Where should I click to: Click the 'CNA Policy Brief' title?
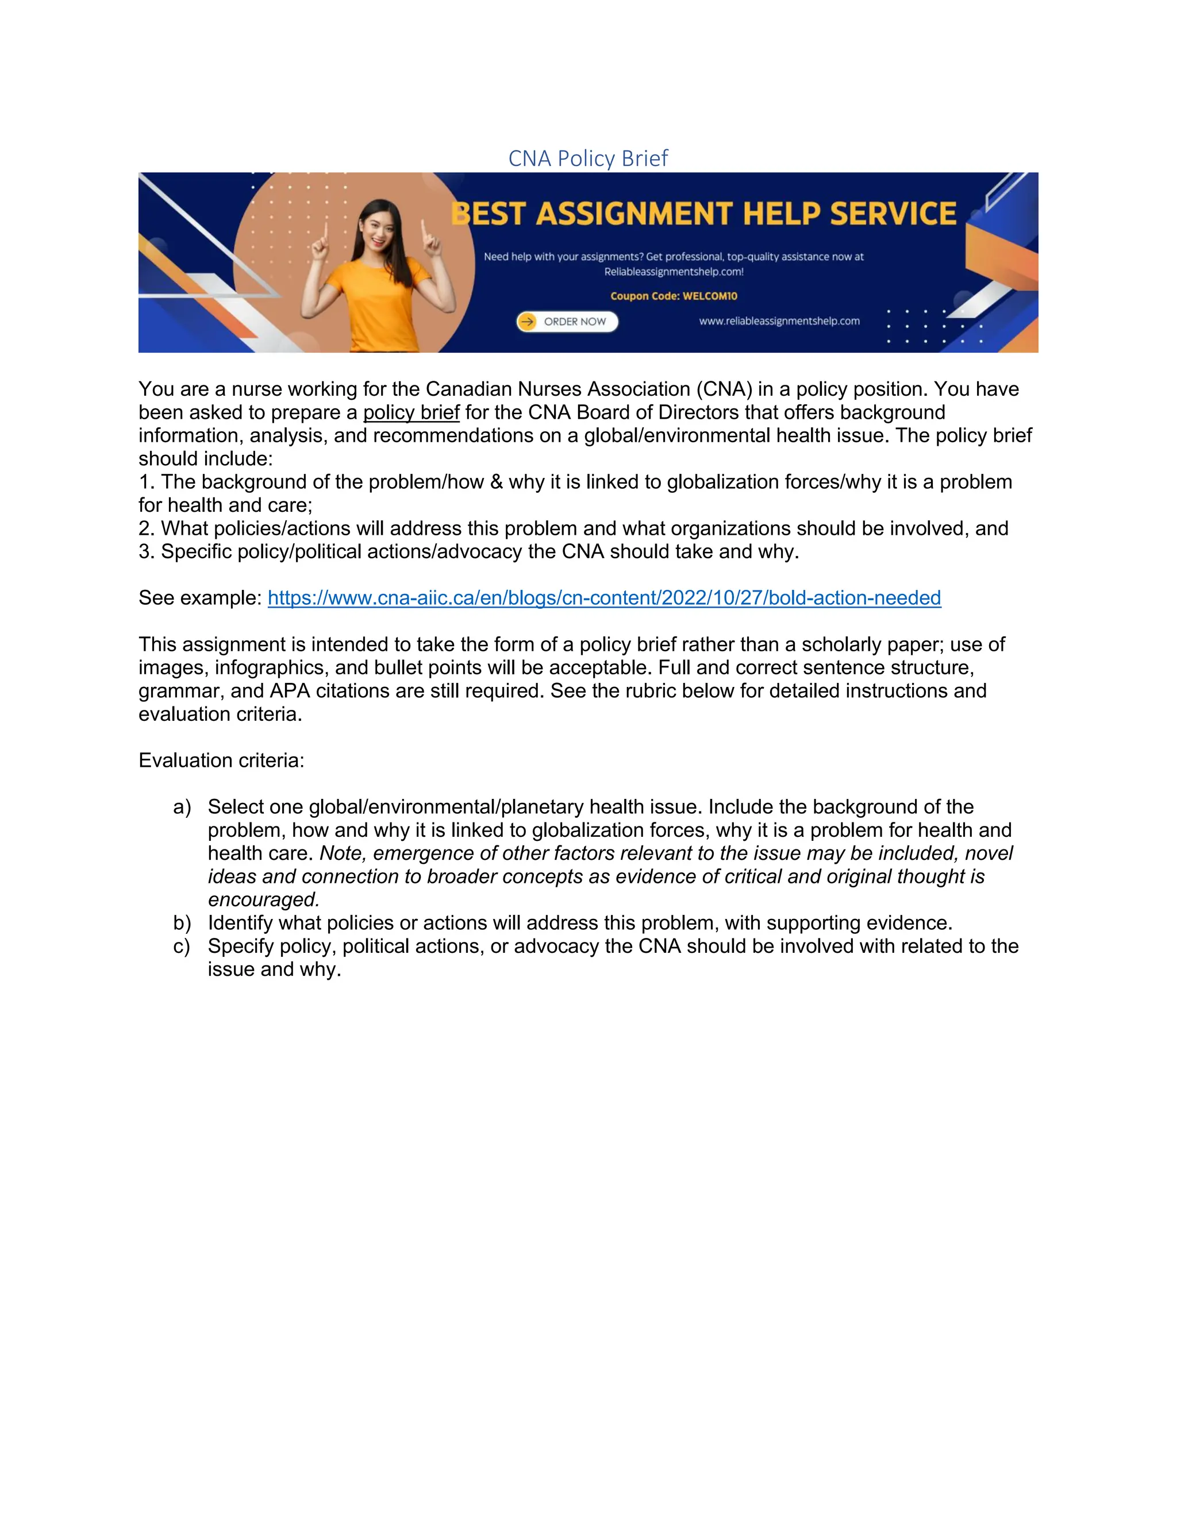(x=588, y=158)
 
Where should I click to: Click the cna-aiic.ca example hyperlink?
(x=604, y=598)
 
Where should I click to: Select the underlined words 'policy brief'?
(x=411, y=412)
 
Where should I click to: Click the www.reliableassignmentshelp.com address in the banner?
(x=779, y=321)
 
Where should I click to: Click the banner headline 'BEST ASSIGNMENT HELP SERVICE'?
(x=704, y=214)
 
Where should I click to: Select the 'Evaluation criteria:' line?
(x=221, y=760)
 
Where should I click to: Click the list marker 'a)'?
(x=182, y=807)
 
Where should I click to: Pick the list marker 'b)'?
(x=182, y=924)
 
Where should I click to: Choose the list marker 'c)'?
(x=182, y=947)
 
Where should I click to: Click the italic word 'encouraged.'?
(x=263, y=899)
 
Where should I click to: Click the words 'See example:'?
(x=200, y=598)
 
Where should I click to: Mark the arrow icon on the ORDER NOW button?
(x=528, y=321)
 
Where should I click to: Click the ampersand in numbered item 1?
(x=496, y=482)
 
